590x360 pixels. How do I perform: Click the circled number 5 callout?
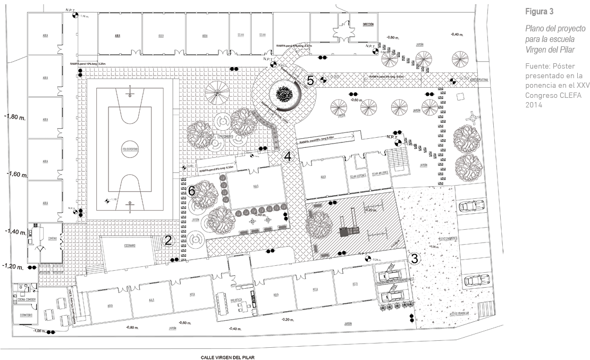click(310, 81)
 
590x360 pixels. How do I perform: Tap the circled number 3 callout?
click(416, 259)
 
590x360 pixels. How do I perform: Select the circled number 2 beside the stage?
click(168, 240)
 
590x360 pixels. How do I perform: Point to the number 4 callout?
click(288, 156)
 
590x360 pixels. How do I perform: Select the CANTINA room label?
click(52, 238)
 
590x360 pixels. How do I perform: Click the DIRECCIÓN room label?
click(368, 25)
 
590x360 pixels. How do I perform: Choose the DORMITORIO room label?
click(26, 316)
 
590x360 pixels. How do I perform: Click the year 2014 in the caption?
click(534, 105)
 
